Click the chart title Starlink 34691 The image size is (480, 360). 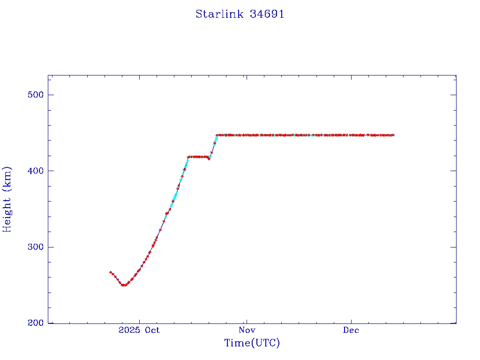pos(240,14)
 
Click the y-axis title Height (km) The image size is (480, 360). pos(7,199)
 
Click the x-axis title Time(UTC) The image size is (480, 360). pos(252,343)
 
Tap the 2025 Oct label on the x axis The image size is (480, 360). pos(139,330)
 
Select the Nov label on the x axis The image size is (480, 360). pos(246,330)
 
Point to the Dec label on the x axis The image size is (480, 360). pos(351,330)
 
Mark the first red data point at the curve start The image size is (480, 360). pos(111,272)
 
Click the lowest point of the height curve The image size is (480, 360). pos(124,285)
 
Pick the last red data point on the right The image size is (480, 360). pos(393,135)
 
